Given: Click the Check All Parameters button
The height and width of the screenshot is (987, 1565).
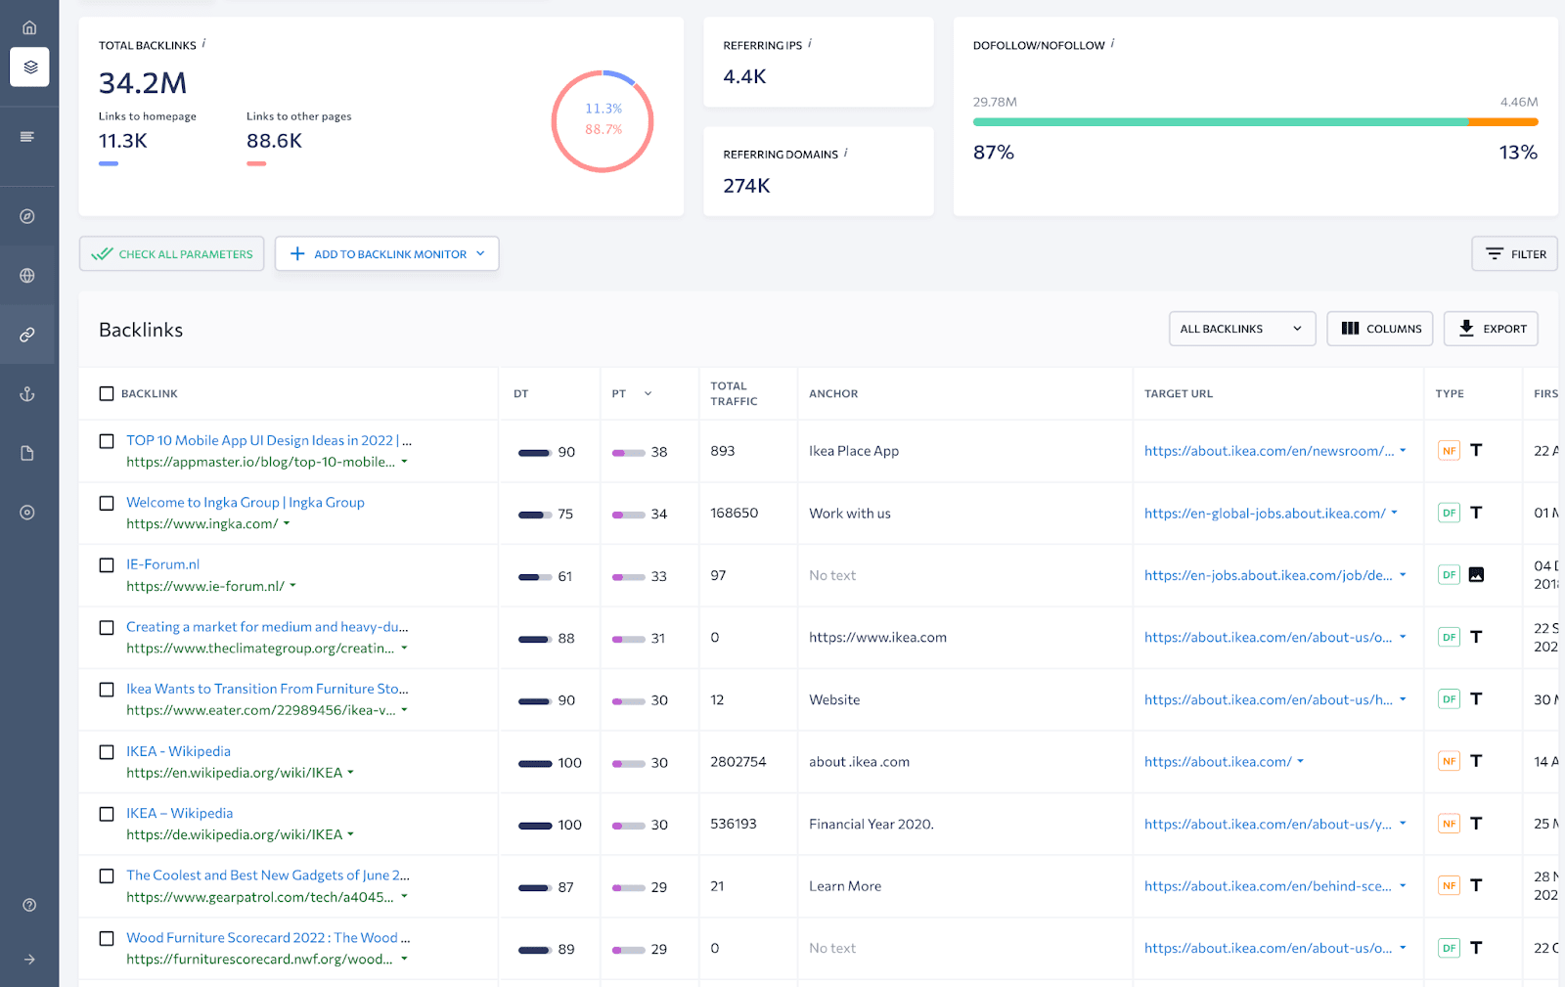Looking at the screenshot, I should point(172,254).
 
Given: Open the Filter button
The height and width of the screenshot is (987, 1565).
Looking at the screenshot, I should point(1514,254).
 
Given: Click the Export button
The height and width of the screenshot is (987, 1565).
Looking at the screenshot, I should point(1491,329).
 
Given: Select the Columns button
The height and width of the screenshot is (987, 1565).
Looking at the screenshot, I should point(1379,329).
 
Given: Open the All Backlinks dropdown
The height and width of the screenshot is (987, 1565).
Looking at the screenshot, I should point(1241,329).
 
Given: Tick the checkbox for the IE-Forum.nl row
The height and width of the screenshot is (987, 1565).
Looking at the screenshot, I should point(107,565).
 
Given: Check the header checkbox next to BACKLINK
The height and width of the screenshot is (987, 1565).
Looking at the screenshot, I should point(107,394).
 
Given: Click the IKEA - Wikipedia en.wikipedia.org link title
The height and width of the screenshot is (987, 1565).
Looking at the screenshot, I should point(178,751).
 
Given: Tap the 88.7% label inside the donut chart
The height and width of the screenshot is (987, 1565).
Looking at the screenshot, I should point(604,129).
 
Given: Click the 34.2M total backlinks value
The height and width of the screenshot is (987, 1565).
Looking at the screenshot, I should point(143,83).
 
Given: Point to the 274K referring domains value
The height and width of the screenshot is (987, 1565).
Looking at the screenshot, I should point(746,186).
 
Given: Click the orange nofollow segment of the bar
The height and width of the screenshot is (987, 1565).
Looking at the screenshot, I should point(1502,122).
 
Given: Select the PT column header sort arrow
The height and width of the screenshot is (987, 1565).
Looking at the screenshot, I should point(648,394).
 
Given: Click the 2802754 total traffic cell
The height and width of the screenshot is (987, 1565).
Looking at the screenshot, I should point(738,762).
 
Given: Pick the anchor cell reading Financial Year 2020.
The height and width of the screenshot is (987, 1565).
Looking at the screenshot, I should point(871,825).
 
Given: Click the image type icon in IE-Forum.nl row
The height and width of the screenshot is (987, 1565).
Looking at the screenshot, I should point(1476,575).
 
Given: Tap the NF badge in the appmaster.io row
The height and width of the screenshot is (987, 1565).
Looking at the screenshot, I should point(1449,451).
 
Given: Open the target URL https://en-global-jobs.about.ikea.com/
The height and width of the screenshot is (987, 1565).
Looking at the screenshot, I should point(1264,514).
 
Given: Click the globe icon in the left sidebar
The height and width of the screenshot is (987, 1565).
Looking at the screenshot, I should point(27,276).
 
